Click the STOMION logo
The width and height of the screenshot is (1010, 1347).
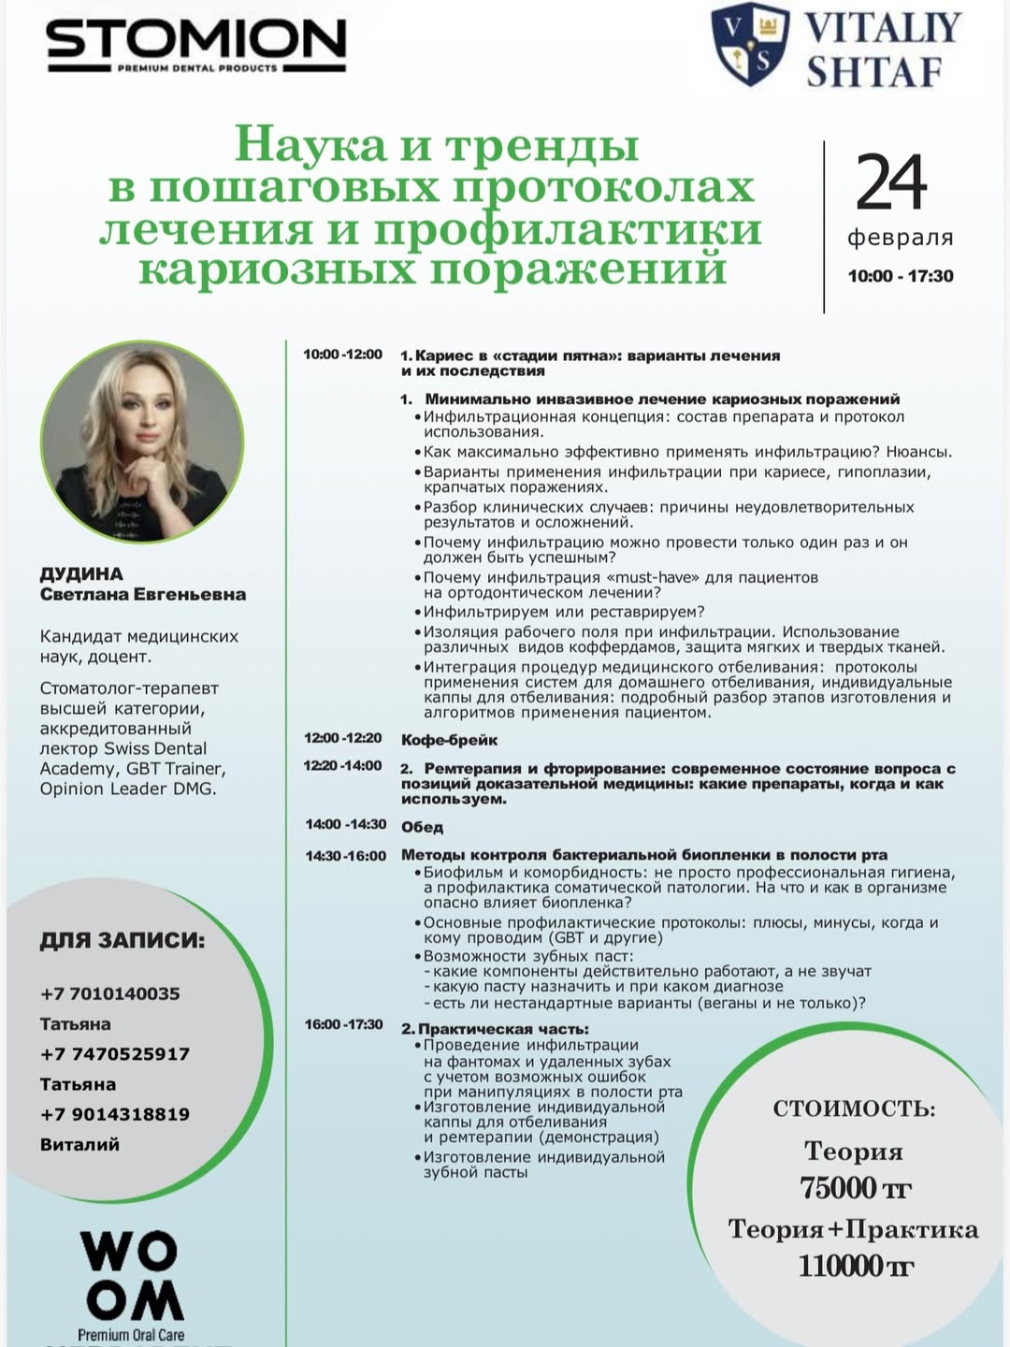(x=195, y=43)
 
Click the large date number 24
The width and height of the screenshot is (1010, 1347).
(x=891, y=183)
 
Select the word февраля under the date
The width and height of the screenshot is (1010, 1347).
(x=900, y=238)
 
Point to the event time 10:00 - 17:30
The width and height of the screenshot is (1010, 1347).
(x=900, y=276)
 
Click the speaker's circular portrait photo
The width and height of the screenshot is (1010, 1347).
(x=142, y=441)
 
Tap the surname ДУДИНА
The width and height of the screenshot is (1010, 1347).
(x=81, y=573)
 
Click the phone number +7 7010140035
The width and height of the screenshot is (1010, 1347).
(x=110, y=993)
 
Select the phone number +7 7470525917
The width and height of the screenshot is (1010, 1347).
(x=115, y=1053)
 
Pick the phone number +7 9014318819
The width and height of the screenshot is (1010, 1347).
(x=115, y=1114)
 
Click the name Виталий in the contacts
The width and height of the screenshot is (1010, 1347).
(x=79, y=1144)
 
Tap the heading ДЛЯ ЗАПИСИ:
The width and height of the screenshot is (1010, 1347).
(x=122, y=940)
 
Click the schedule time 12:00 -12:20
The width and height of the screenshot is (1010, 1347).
(x=342, y=738)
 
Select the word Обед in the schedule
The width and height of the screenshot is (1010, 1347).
(x=422, y=827)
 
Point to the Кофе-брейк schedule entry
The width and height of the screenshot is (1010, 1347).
(x=449, y=740)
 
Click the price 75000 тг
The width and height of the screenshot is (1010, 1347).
(x=855, y=1188)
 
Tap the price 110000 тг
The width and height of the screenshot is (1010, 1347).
(x=855, y=1266)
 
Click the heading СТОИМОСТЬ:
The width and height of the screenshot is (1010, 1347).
(x=854, y=1109)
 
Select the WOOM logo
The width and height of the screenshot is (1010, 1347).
(x=131, y=1276)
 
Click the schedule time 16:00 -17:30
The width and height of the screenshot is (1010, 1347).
(x=343, y=1024)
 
